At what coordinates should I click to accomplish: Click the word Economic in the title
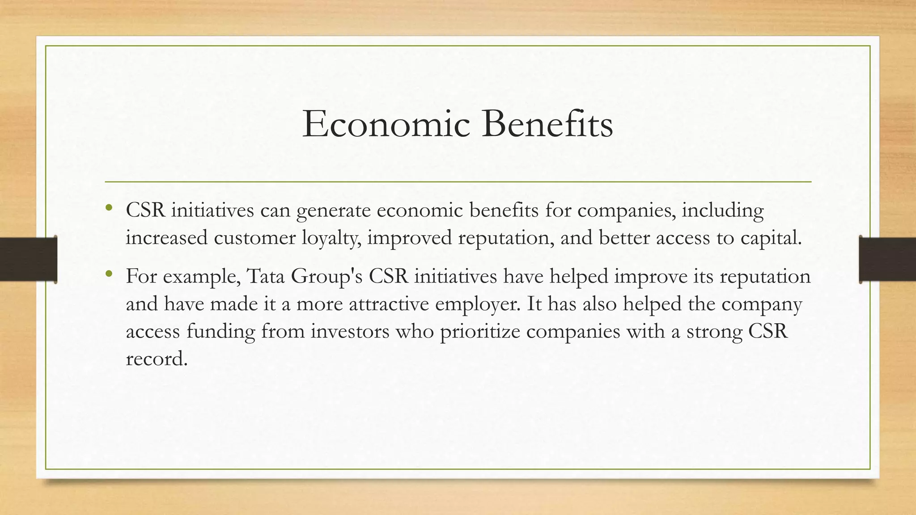[x=386, y=124]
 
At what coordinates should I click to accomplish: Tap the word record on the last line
[x=156, y=359]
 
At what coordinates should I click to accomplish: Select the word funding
[x=221, y=332]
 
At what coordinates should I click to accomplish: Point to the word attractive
[x=388, y=304]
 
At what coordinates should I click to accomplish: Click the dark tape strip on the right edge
[x=887, y=259]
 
